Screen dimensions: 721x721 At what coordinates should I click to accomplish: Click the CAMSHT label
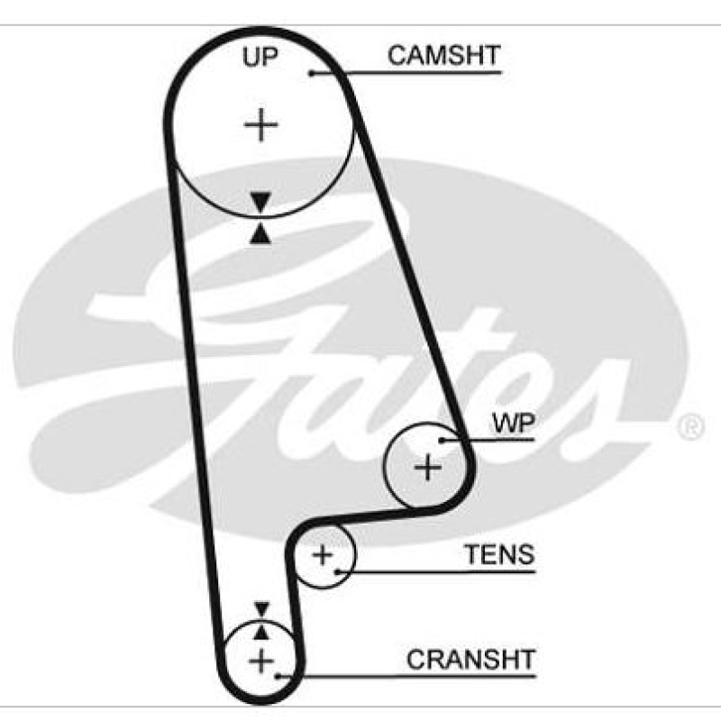click(443, 55)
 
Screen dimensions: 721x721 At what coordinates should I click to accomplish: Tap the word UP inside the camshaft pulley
click(260, 58)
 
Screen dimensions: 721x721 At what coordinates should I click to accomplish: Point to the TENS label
click(498, 554)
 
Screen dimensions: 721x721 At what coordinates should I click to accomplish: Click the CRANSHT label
click(470, 659)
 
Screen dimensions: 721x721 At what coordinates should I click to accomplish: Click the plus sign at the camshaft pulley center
click(261, 124)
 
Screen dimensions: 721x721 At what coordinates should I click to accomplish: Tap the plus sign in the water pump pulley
click(427, 467)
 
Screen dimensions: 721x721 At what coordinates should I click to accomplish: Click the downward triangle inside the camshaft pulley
click(261, 202)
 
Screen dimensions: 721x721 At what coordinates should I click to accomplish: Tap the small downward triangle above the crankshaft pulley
click(261, 608)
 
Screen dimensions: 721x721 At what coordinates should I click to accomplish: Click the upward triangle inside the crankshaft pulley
click(261, 631)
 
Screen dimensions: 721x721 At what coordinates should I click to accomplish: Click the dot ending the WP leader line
click(442, 440)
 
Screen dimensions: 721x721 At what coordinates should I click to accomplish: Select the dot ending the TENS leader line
click(336, 570)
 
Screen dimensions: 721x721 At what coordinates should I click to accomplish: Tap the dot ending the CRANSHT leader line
click(280, 675)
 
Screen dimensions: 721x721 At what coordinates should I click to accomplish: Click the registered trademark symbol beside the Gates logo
click(689, 426)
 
